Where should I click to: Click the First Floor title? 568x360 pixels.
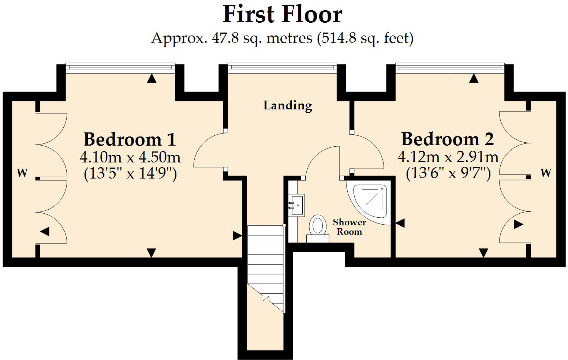point(282,15)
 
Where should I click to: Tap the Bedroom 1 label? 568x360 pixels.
point(130,139)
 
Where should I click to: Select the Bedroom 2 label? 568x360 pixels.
point(447,139)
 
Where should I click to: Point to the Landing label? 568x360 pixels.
point(288,105)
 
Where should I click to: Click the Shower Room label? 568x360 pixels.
point(349,227)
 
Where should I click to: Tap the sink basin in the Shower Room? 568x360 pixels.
point(296,205)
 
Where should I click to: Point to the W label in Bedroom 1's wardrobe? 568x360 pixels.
point(22,172)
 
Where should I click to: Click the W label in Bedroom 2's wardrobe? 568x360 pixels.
point(546,172)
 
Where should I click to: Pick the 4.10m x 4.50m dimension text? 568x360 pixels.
point(130,157)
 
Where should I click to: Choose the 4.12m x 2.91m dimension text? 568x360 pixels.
point(448,157)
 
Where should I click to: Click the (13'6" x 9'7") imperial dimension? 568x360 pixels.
point(448,173)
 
